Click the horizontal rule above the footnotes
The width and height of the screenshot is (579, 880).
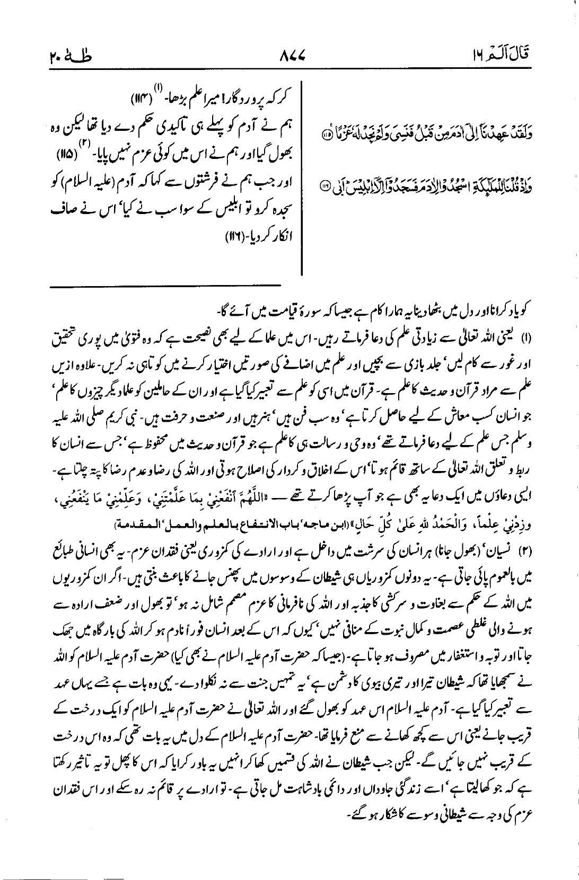(165, 286)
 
